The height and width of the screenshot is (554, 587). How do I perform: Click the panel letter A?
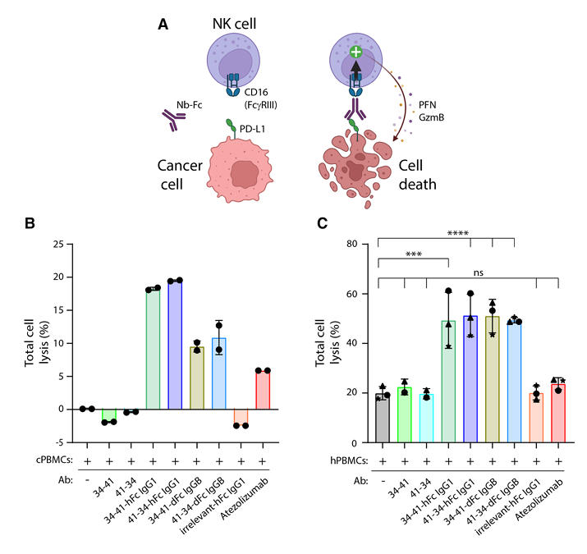(x=164, y=24)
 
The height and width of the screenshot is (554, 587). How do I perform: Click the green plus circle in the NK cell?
(x=356, y=52)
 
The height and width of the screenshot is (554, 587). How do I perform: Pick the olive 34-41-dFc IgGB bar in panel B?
(x=196, y=378)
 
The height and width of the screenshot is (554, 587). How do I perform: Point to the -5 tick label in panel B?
(x=57, y=442)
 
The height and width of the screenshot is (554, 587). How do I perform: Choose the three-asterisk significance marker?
(x=412, y=255)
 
